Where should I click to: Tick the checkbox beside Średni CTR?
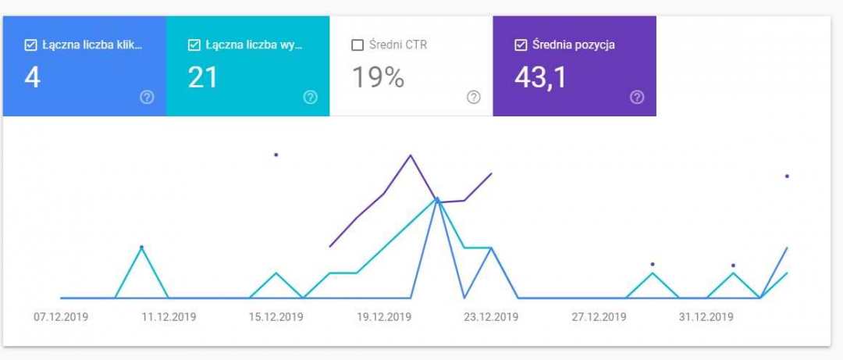[x=357, y=45]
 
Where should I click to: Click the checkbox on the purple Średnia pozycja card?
[x=521, y=45]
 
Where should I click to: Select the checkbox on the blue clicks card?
[x=30, y=45]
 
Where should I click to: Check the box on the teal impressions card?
[x=194, y=45]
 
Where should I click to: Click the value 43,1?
[x=540, y=77]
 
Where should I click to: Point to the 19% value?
[x=378, y=77]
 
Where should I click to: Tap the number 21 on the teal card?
[x=203, y=77]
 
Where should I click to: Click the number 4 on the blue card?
[x=32, y=77]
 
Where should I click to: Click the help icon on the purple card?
[x=637, y=98]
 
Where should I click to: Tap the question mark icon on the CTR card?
[x=473, y=98]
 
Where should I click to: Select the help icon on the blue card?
[x=147, y=98]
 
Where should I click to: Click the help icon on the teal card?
[x=310, y=98]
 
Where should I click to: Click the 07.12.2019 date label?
[x=61, y=317]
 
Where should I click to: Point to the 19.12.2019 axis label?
[x=383, y=317]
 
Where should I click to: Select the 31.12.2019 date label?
[x=706, y=317]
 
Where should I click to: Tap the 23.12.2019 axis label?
[x=491, y=317]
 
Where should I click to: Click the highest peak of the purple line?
[x=411, y=155]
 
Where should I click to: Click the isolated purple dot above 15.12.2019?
[x=276, y=155]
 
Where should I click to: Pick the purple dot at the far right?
[x=787, y=176]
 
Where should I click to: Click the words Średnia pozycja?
[x=573, y=45]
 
